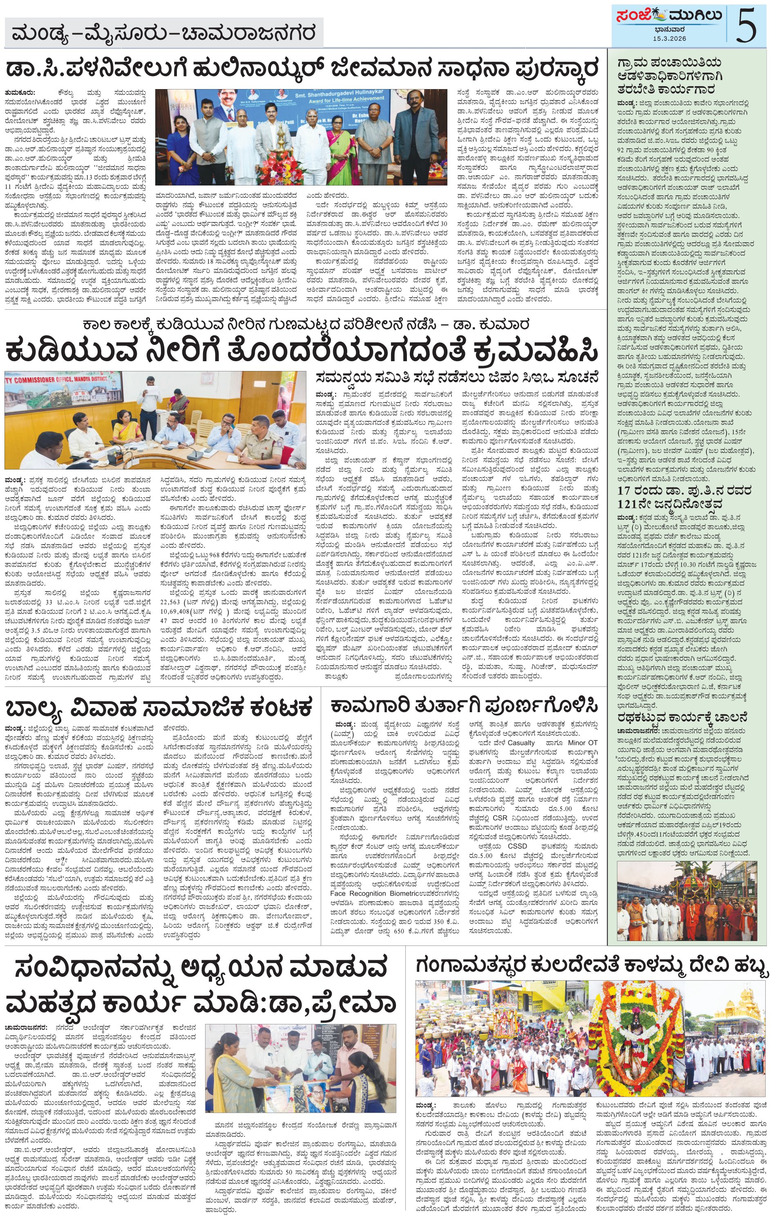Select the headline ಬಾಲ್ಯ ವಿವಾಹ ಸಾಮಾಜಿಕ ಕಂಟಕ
(x=159, y=708)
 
